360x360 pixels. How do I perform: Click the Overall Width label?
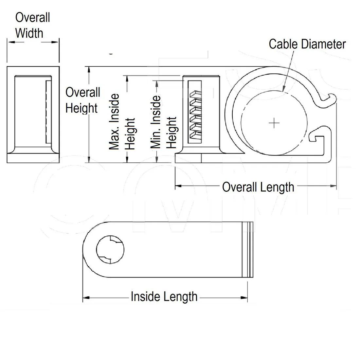32,25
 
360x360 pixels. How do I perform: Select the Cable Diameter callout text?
307,44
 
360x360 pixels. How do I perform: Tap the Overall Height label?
82,100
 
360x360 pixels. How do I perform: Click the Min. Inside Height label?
164,122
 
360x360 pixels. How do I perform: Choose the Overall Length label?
258,187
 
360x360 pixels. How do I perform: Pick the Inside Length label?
164,297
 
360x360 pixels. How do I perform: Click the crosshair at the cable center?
274,123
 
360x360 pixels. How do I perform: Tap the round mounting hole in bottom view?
110,249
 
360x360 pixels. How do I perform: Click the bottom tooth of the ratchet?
195,135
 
